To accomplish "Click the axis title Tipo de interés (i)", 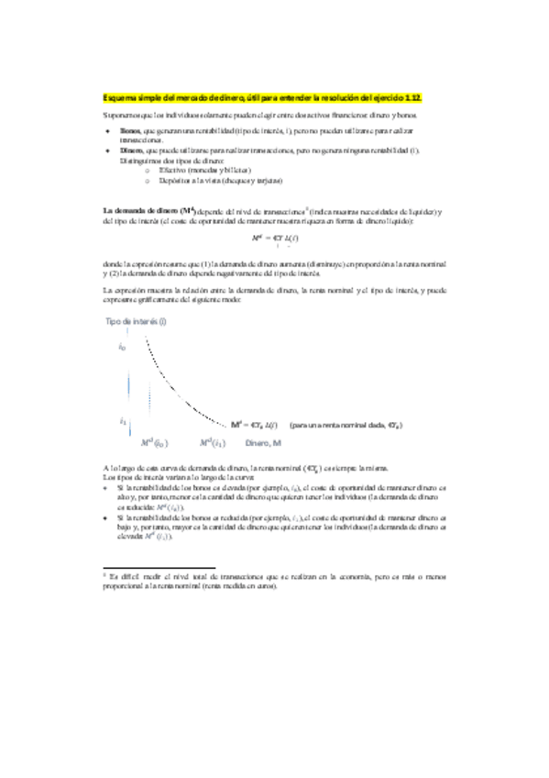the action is (137, 322).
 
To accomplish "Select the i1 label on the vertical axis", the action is (123, 421).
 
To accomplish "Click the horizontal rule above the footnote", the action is (157, 568).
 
